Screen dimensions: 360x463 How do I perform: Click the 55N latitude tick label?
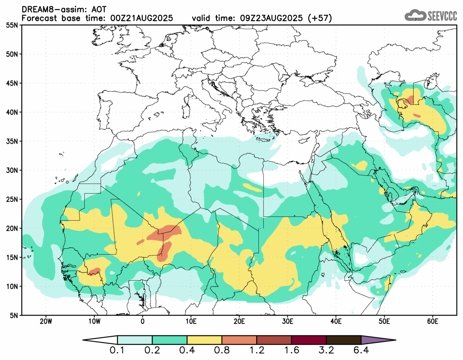[14, 25]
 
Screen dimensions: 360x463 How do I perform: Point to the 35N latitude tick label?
[14, 141]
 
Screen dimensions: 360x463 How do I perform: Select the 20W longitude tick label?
[46, 321]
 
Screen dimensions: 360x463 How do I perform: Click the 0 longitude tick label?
[143, 321]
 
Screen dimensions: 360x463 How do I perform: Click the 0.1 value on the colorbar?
[118, 350]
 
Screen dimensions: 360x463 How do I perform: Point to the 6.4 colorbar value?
[361, 350]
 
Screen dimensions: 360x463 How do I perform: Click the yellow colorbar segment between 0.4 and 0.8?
[205, 340]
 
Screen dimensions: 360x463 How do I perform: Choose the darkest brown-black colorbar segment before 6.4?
[344, 340]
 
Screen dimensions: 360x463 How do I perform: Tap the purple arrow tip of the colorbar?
[378, 340]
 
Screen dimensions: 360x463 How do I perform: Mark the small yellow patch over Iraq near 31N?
[360, 165]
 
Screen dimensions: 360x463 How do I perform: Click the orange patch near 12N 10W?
[94, 271]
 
